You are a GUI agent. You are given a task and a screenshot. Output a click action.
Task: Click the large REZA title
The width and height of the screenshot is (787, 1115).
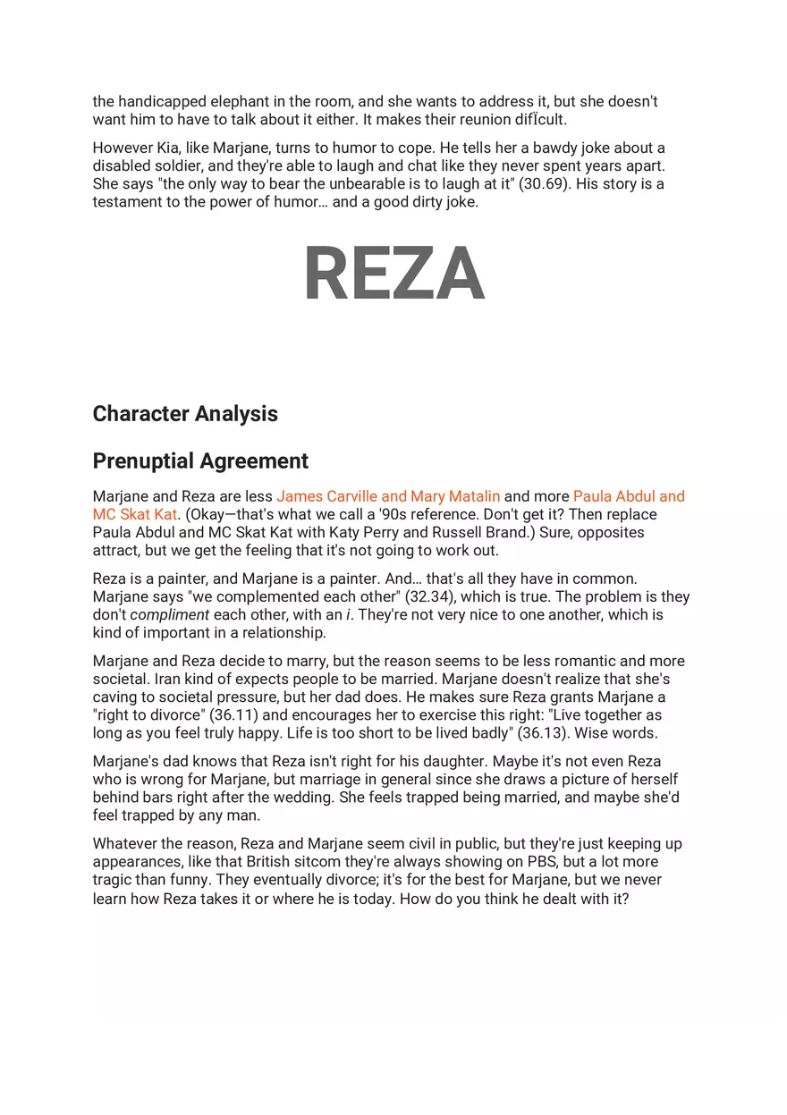coord(393,275)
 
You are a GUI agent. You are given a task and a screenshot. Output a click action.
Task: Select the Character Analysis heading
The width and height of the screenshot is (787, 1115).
coord(185,414)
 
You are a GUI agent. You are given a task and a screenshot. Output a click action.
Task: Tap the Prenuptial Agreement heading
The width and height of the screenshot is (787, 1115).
coord(200,461)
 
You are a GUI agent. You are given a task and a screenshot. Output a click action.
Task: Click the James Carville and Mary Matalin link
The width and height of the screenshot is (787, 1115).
coord(388,496)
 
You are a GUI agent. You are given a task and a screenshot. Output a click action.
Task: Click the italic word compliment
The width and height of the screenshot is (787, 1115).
coord(170,615)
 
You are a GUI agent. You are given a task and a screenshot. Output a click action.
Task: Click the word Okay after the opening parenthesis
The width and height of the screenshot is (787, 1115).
coord(206,515)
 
